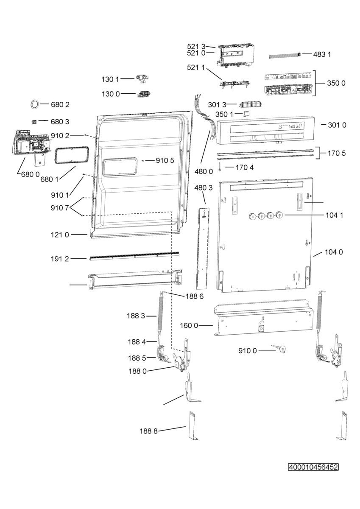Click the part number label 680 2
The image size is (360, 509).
(x=60, y=104)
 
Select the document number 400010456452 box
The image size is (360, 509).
(x=313, y=467)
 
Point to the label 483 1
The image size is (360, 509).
(x=322, y=54)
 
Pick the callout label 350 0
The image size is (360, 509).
(x=336, y=83)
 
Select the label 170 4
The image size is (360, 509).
(x=245, y=168)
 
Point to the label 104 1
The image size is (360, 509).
(x=334, y=215)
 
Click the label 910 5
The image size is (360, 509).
(x=165, y=161)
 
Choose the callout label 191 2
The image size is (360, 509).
(x=60, y=259)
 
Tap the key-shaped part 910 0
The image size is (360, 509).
(x=279, y=348)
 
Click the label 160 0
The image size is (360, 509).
(x=189, y=326)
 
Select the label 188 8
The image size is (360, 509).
(x=148, y=431)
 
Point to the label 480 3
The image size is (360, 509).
(x=204, y=187)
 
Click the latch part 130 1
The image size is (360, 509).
(x=142, y=79)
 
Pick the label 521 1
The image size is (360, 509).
(x=196, y=67)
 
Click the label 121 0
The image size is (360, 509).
(x=60, y=235)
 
